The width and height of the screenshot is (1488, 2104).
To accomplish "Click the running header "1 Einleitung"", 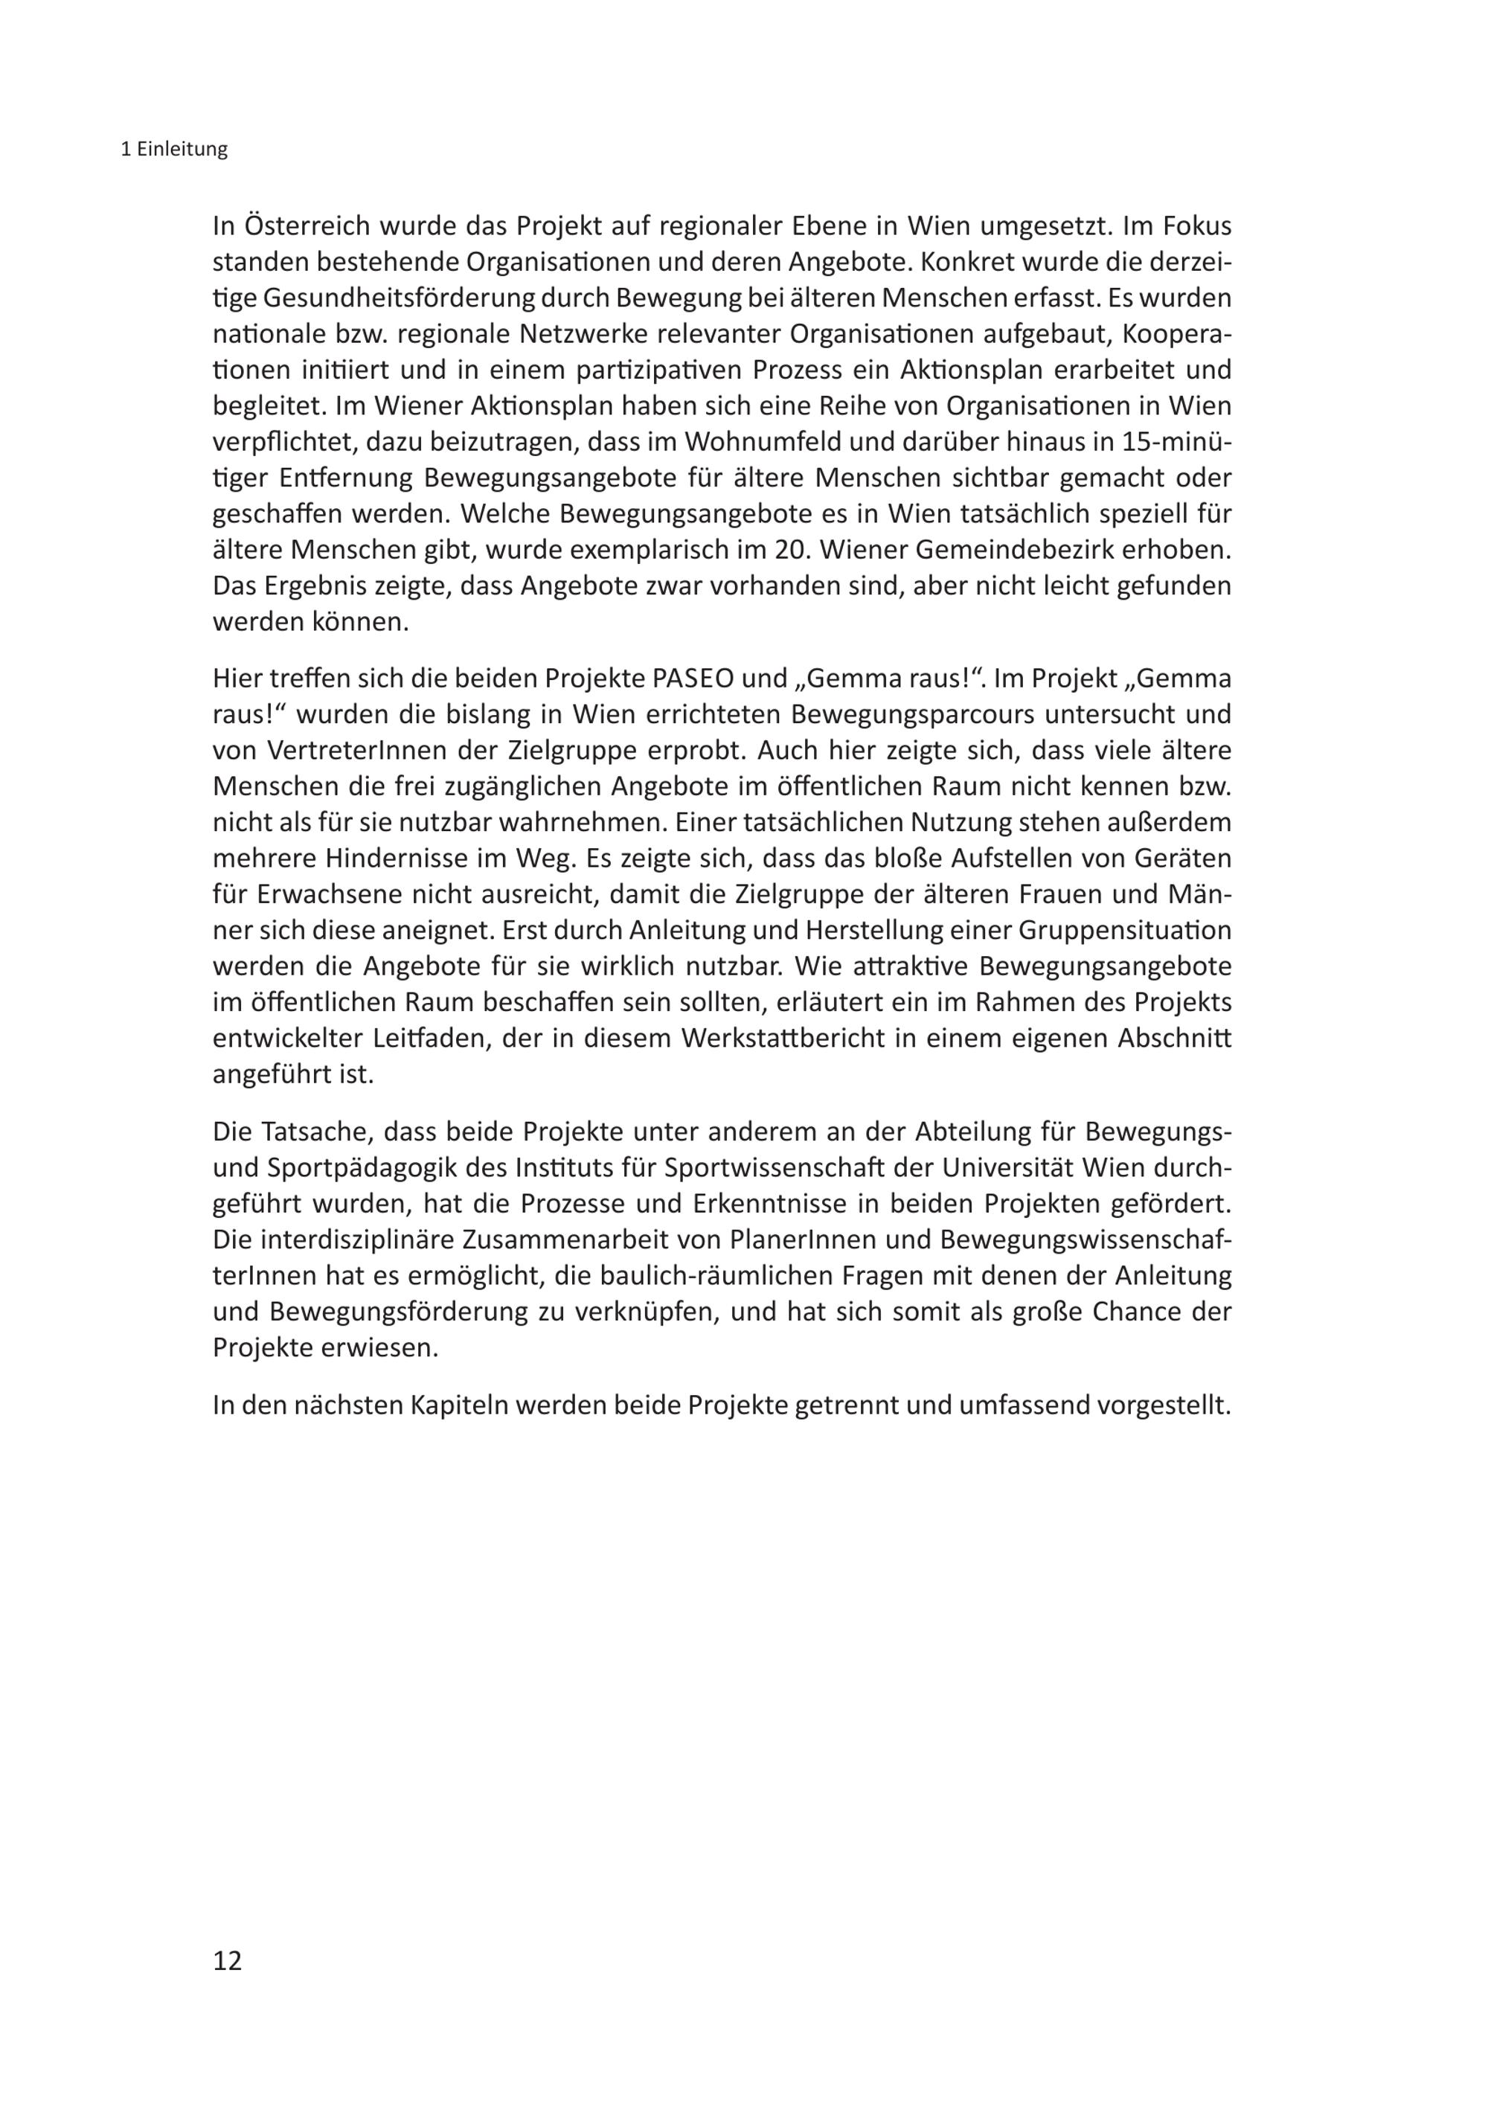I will (x=174, y=150).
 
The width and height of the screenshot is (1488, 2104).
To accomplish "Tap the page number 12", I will (x=227, y=1960).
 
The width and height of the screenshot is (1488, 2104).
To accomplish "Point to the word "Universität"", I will (x=998, y=1168).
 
